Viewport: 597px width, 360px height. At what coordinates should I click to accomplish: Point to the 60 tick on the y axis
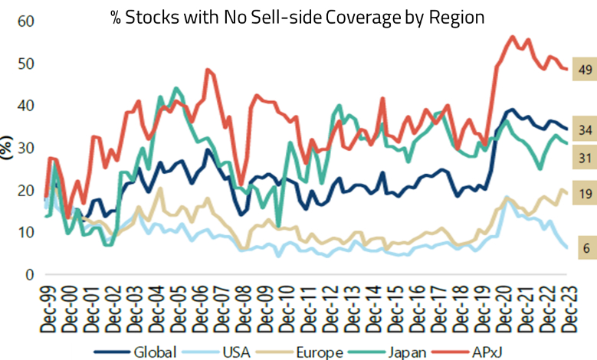(x=26, y=21)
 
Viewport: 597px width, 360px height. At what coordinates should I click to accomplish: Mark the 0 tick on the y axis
(x=31, y=274)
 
